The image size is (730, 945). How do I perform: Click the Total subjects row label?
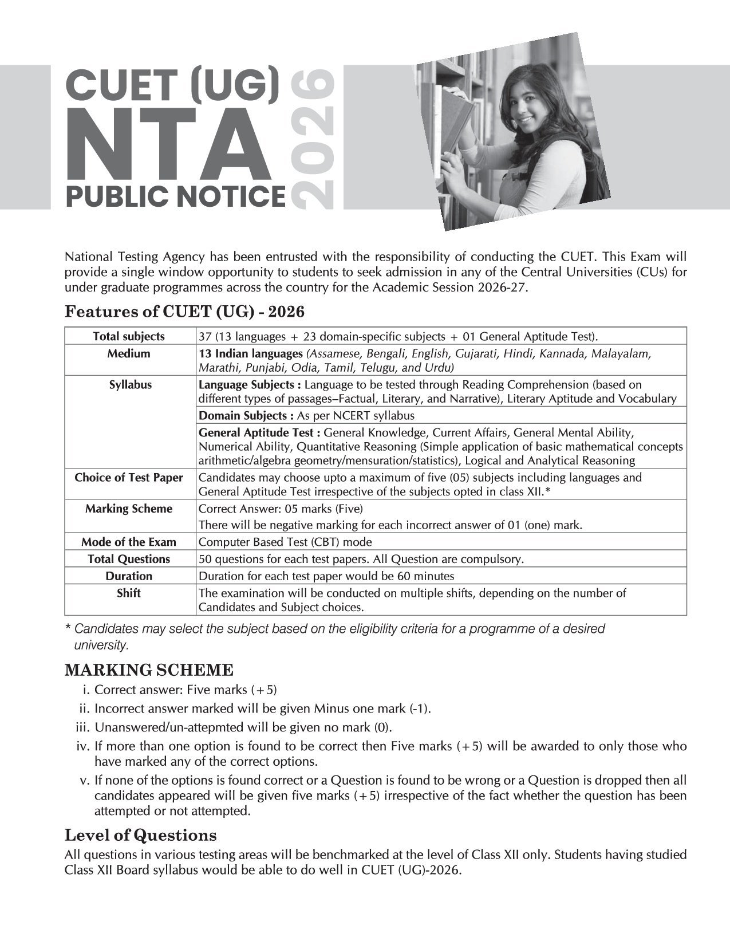coord(129,336)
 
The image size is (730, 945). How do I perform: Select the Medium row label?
coord(129,353)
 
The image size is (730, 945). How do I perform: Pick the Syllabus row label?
coord(130,384)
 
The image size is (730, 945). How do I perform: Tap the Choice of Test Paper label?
coord(129,477)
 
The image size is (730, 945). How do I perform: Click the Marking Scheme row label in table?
coord(129,509)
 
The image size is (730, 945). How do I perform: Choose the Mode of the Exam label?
coord(129,542)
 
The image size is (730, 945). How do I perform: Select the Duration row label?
coord(129,576)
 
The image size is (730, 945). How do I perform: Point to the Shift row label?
coord(129,593)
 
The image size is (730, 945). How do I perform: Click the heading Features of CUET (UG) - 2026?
coord(184,312)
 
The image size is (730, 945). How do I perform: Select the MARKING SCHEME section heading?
coord(149,670)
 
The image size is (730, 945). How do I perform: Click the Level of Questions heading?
coord(140,834)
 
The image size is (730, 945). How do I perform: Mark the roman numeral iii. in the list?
coord(83,727)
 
